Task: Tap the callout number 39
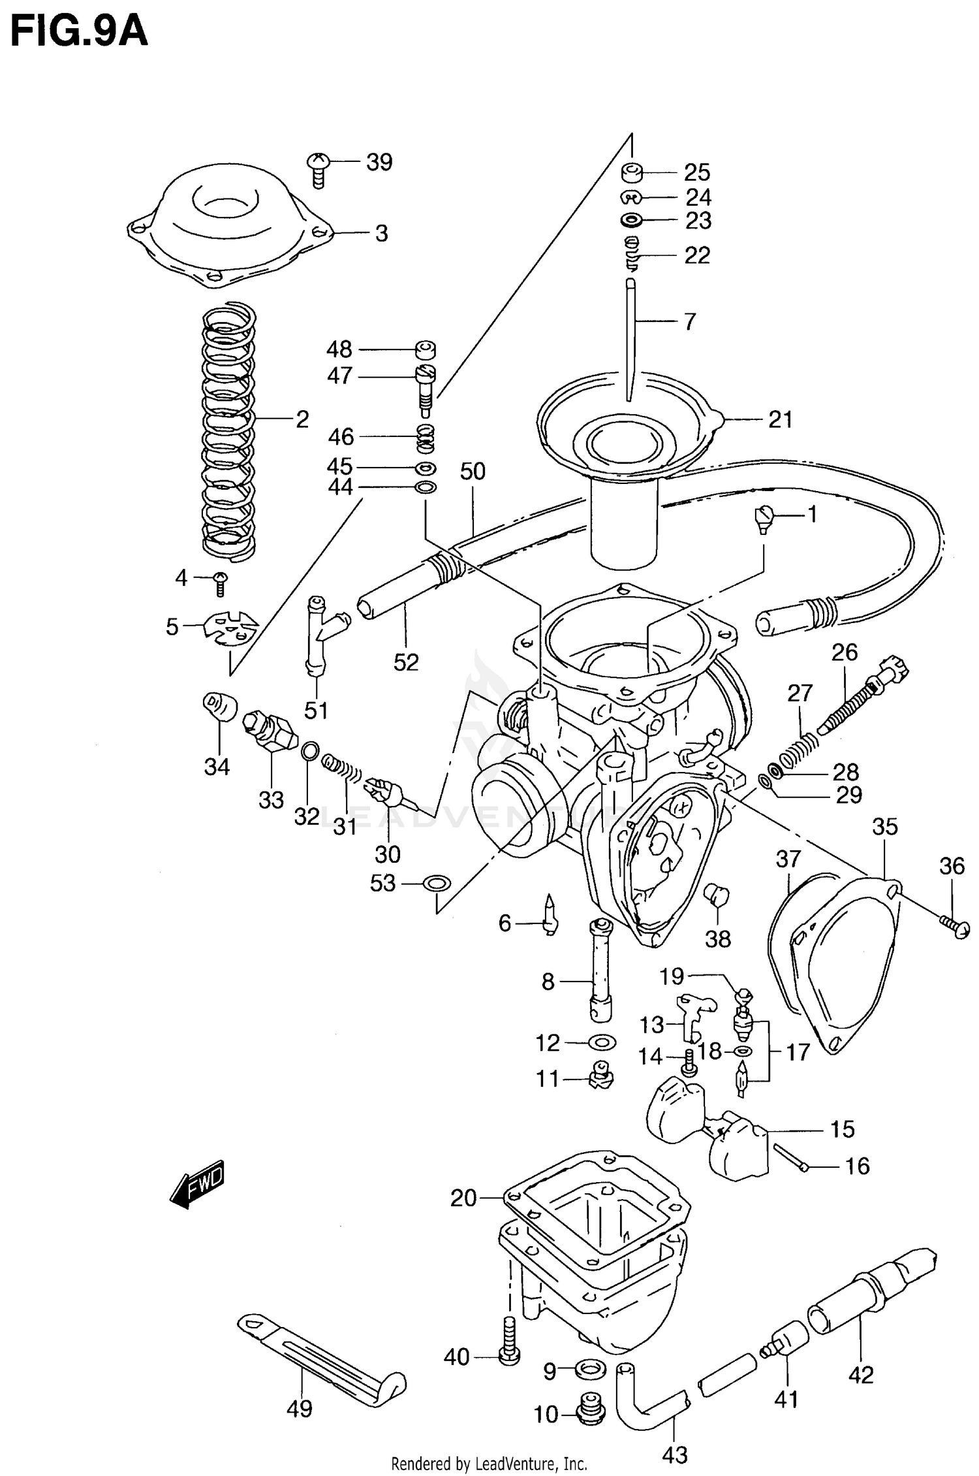point(379,162)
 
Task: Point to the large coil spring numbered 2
point(228,431)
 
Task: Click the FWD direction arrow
point(196,1183)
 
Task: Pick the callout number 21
point(780,419)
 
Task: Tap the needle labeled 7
point(630,340)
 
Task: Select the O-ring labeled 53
point(437,884)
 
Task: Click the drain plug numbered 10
point(592,1414)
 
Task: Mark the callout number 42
point(860,1375)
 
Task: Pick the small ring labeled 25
point(632,173)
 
